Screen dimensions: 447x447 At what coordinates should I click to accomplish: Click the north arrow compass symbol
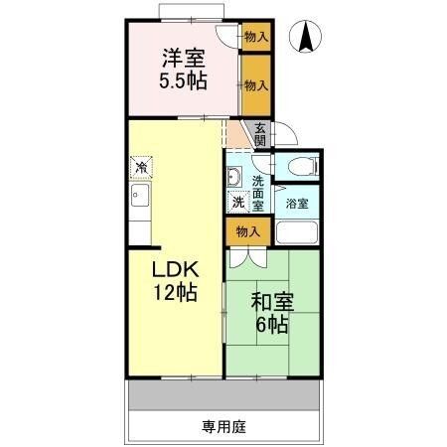point(306,38)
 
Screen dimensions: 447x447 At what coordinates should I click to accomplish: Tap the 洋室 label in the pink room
point(185,58)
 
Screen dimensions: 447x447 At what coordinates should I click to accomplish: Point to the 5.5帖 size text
point(185,82)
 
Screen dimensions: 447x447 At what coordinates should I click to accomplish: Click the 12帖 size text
point(175,293)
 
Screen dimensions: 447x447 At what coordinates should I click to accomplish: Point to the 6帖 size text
point(270,325)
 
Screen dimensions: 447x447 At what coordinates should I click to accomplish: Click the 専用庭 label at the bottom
point(223,427)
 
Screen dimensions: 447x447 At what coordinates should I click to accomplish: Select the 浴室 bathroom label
point(297,203)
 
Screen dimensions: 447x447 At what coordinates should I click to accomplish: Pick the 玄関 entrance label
point(259,133)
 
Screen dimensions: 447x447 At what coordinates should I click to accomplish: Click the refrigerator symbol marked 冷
point(142,166)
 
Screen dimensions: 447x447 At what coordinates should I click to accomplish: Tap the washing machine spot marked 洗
point(238,202)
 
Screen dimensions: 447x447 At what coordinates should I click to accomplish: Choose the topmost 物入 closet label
point(255,37)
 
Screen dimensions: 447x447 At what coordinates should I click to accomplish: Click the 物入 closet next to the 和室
point(248,231)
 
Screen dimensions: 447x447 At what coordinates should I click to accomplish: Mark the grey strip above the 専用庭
point(223,395)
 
